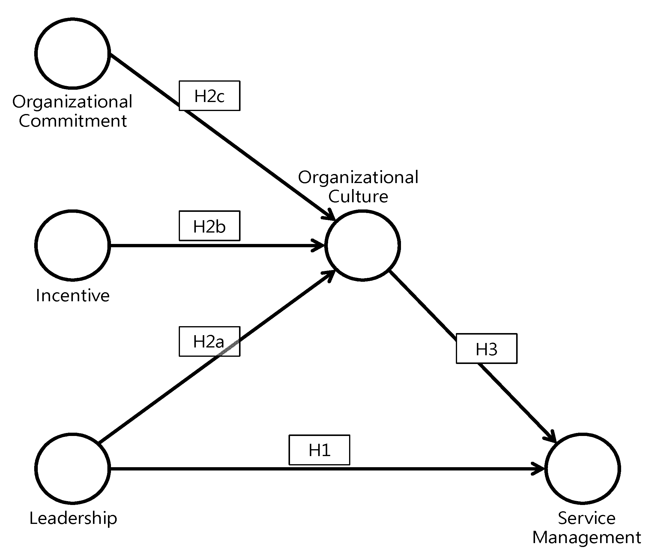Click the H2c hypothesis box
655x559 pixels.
point(209,95)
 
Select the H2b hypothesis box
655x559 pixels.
point(209,226)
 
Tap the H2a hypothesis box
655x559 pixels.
point(209,341)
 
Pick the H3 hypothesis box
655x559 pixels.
point(486,348)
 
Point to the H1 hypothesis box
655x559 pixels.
point(319,450)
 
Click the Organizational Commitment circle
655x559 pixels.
point(72,53)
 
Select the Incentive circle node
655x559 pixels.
point(72,245)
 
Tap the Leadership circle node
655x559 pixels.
point(72,468)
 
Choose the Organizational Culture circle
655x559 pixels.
point(363,245)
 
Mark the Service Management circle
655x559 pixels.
point(583,468)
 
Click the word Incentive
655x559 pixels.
point(72,296)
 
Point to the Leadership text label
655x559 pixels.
point(73,519)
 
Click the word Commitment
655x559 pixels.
point(72,121)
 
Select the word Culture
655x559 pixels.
point(358,196)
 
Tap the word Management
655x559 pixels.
point(586,537)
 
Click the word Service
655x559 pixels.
point(586,518)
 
